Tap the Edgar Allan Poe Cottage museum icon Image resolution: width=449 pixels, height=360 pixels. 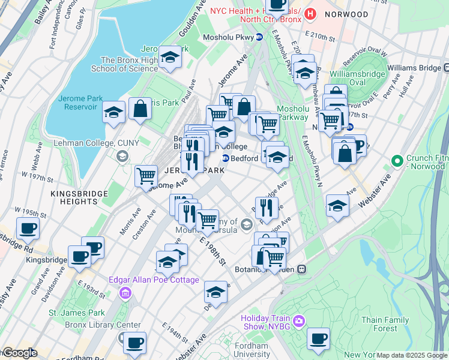click(125, 293)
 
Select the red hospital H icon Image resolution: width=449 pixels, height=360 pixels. click(310, 13)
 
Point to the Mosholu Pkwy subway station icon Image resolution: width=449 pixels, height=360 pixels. click(259, 37)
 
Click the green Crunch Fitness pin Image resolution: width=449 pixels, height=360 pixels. click(396, 161)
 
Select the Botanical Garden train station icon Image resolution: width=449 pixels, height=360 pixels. click(302, 270)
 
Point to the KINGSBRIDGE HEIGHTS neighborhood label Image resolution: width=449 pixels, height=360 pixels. click(79, 198)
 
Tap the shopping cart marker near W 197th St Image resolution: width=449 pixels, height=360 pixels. click(146, 176)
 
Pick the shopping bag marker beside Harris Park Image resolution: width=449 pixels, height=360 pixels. click(140, 109)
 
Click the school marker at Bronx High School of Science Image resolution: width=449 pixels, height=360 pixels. click(170, 57)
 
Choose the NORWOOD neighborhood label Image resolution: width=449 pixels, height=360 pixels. click(346, 14)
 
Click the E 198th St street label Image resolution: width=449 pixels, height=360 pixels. click(212, 252)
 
